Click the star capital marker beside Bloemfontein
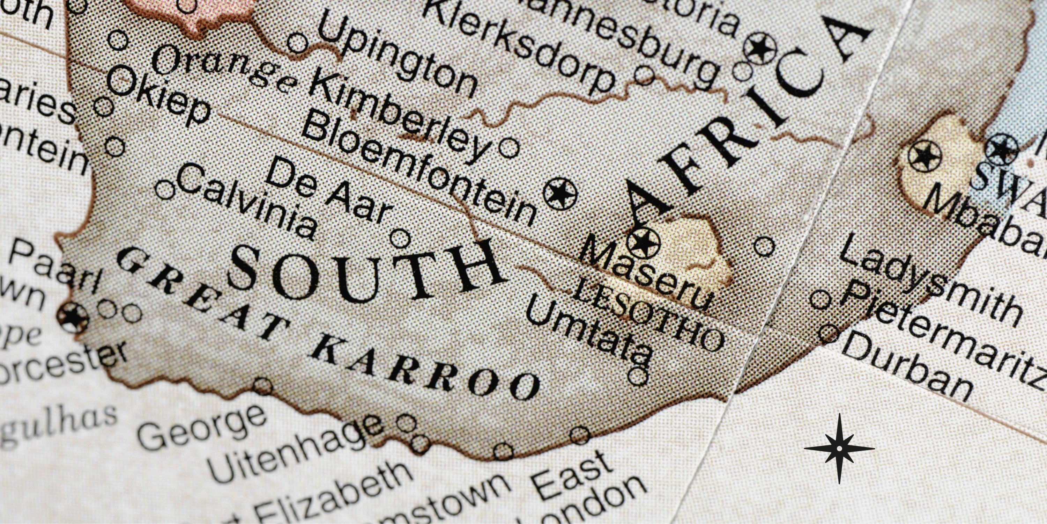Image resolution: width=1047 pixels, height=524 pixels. (x=560, y=194)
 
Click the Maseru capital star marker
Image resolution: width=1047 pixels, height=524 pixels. (x=644, y=242)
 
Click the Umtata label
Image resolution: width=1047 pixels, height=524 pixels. (x=589, y=334)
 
